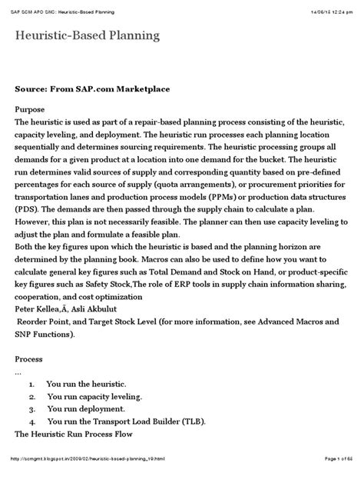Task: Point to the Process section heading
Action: click(x=32, y=359)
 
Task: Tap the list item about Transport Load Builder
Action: click(x=127, y=422)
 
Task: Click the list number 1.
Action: click(x=31, y=383)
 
